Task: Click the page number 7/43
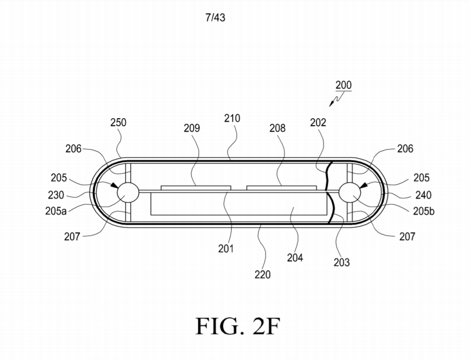tap(215, 18)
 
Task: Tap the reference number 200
tap(343, 85)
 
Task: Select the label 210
tap(232, 118)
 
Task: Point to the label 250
tap(118, 123)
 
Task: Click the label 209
tap(191, 128)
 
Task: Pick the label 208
tap(277, 128)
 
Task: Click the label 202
tap(318, 123)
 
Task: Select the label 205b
tap(424, 211)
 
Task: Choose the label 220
tap(262, 274)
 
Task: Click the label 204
tap(294, 258)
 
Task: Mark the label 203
tap(342, 262)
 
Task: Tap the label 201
tap(226, 248)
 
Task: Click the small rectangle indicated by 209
tap(196, 188)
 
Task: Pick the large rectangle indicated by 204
tap(239, 204)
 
